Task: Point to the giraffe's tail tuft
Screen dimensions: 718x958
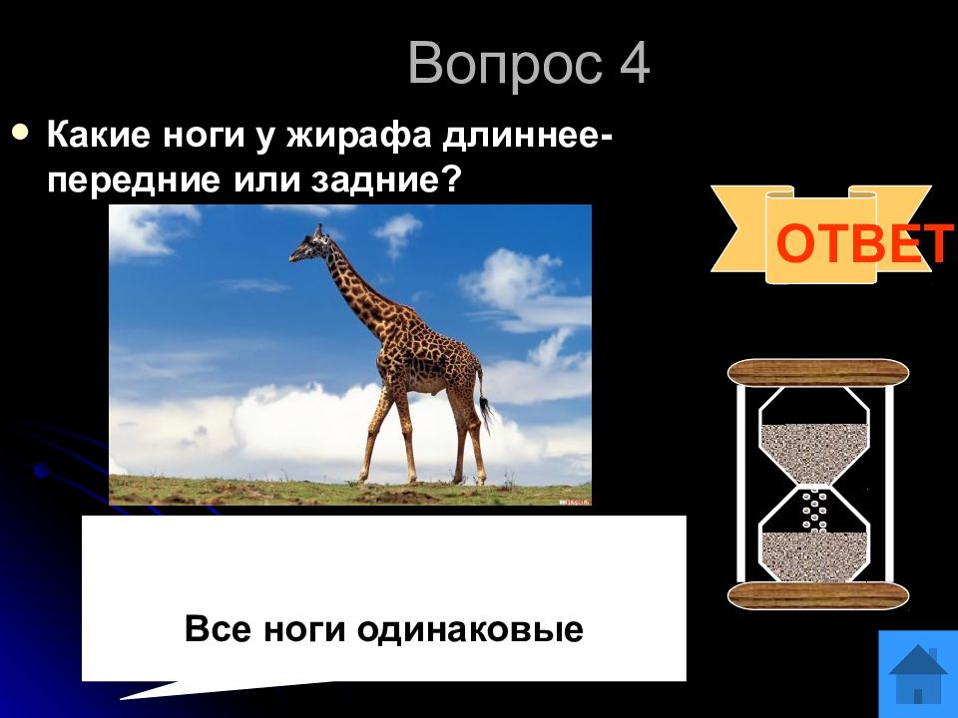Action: pyautogui.click(x=487, y=411)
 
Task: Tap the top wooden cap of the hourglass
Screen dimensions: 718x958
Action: pyautogui.click(x=818, y=372)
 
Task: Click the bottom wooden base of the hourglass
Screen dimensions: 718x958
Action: pyautogui.click(x=818, y=595)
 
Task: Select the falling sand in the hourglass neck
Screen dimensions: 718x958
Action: pyautogui.click(x=815, y=508)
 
